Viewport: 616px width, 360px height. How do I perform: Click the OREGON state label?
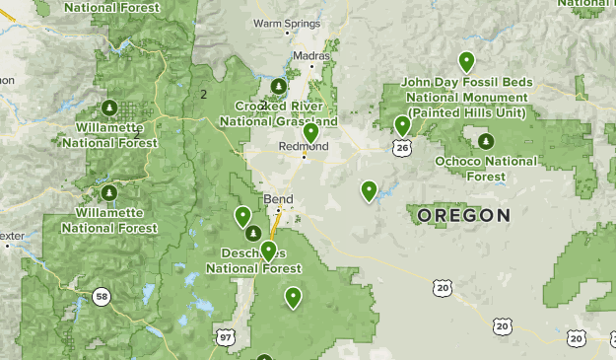coord(463,215)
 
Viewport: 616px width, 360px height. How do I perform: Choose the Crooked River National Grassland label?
coord(286,113)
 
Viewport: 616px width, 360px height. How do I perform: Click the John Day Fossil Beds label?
coord(466,97)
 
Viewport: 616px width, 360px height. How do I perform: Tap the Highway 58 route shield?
coord(102,296)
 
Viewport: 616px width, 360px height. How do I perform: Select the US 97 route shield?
coord(228,338)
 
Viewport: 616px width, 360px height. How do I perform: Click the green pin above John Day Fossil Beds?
coord(466,62)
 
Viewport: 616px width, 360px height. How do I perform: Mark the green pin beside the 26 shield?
coord(402,125)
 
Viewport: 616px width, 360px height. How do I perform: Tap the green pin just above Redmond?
coord(311,132)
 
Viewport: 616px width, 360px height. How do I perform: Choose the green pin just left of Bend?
coord(242,216)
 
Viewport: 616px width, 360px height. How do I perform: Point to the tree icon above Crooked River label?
coord(279,87)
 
